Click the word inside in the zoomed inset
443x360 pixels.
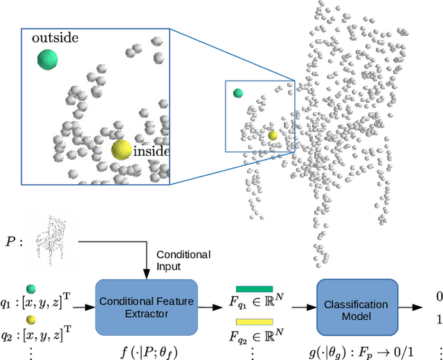[151, 151]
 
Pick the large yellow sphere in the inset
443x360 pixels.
[122, 150]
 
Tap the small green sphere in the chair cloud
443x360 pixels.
[238, 93]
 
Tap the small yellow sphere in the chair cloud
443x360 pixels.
[273, 136]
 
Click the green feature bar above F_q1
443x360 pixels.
[254, 289]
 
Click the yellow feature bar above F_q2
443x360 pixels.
[254, 322]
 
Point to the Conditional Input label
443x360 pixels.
[183, 260]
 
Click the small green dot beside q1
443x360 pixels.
[30, 290]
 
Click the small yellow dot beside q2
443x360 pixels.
[30, 321]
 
